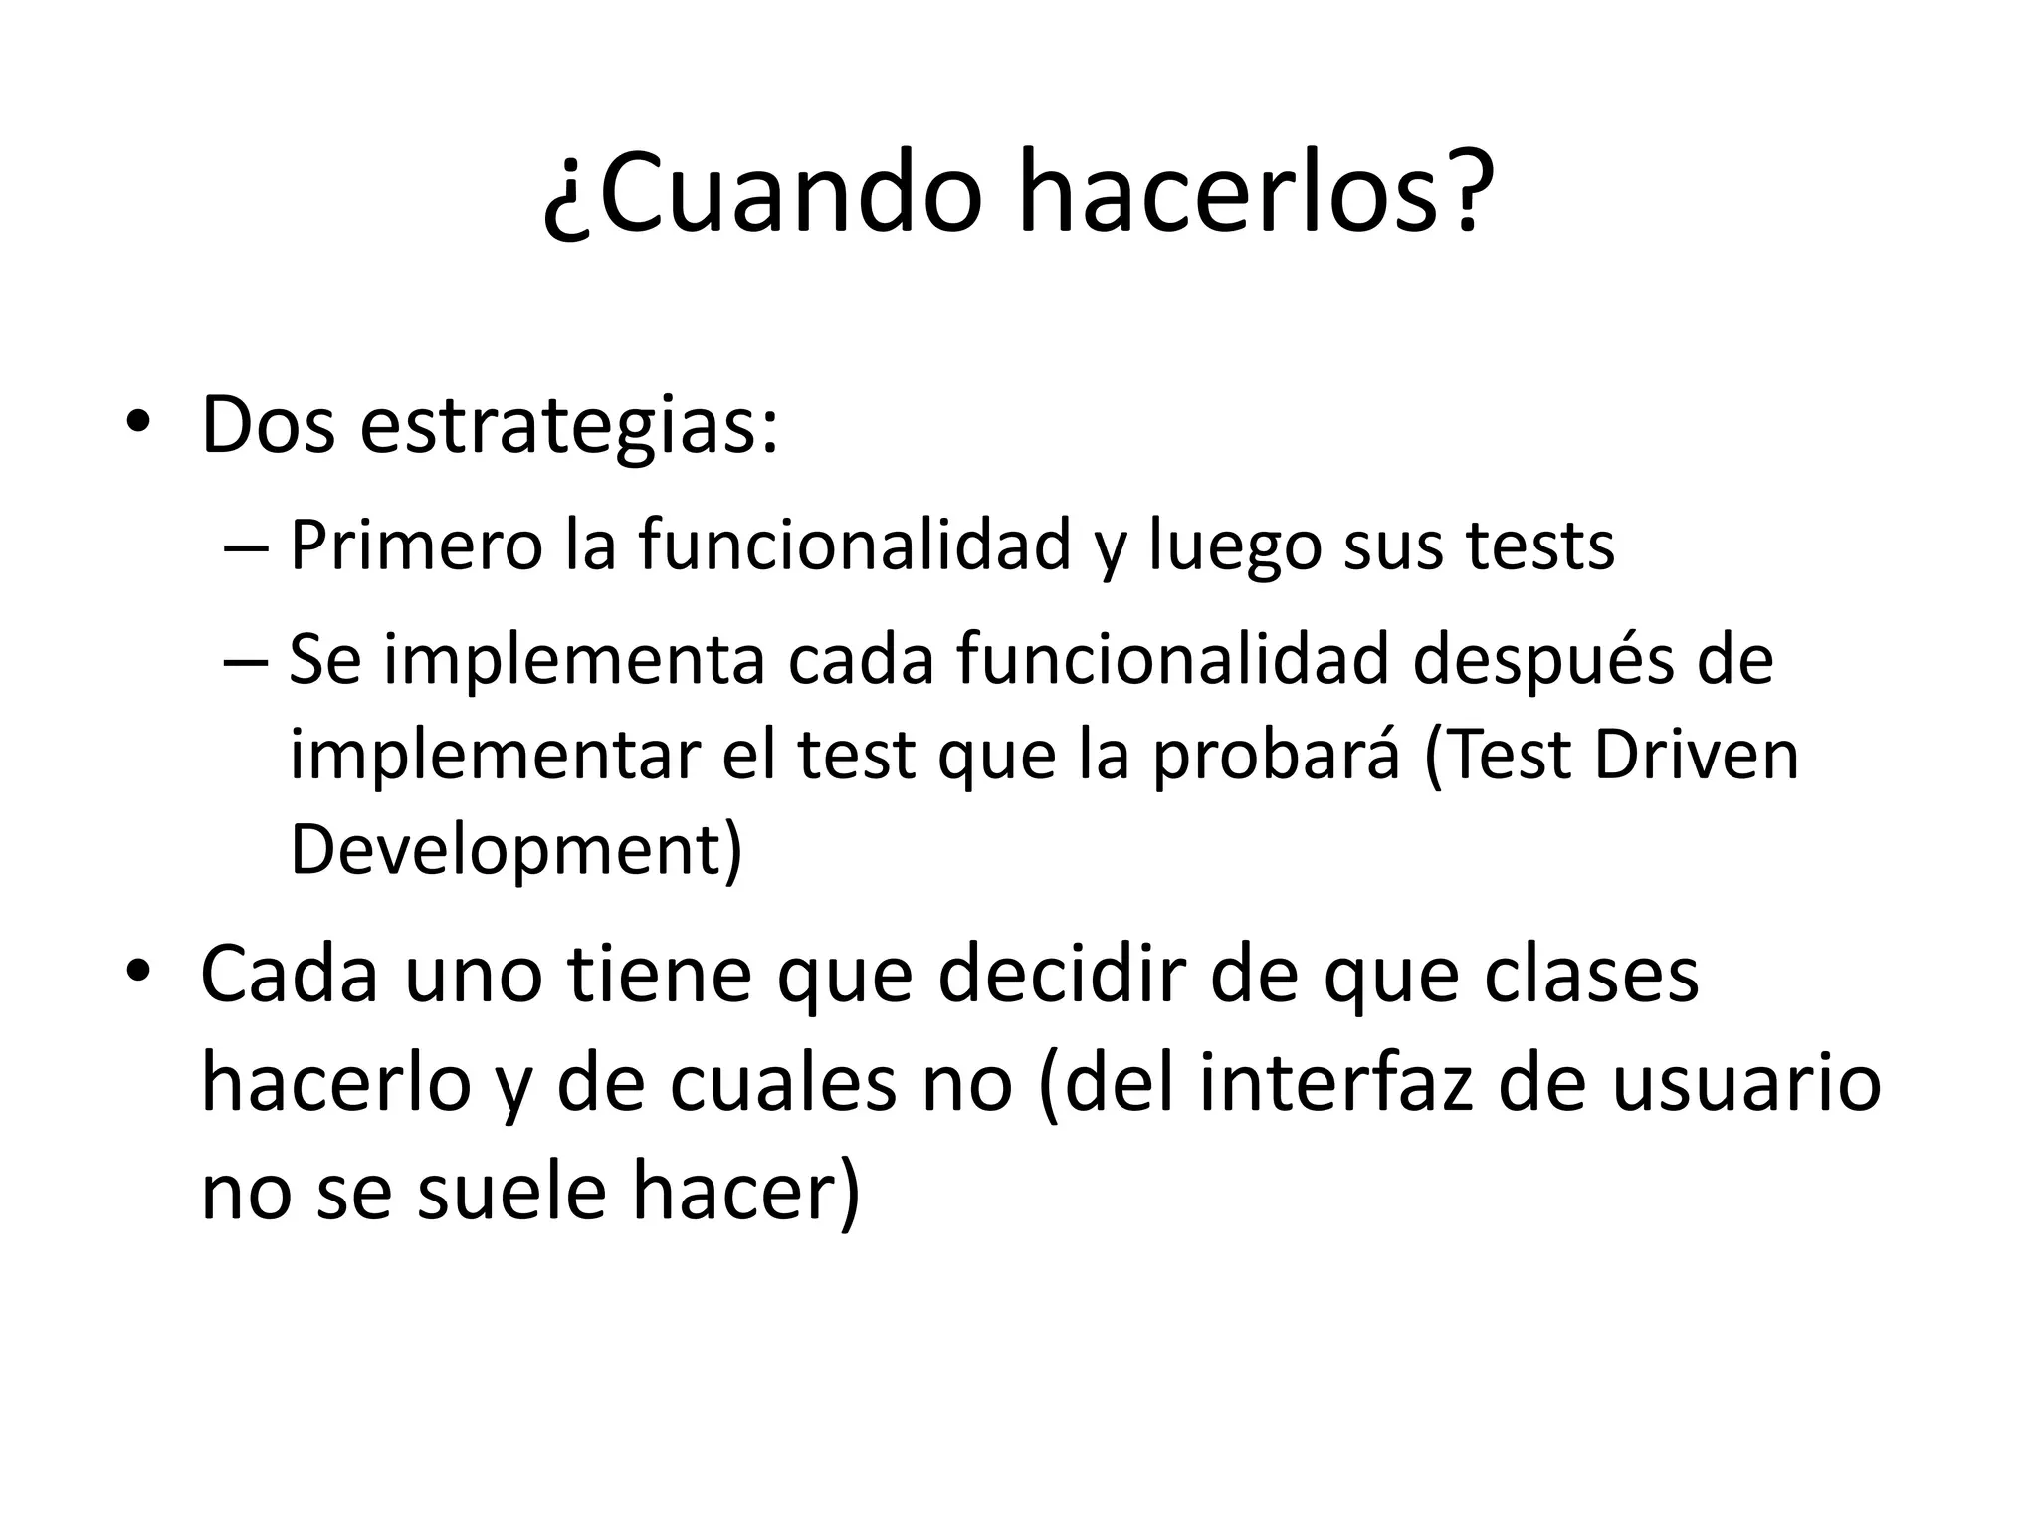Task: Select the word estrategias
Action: tap(568, 426)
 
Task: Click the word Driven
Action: tap(1697, 755)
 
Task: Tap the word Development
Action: tap(506, 850)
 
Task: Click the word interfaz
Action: tap(1336, 1083)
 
